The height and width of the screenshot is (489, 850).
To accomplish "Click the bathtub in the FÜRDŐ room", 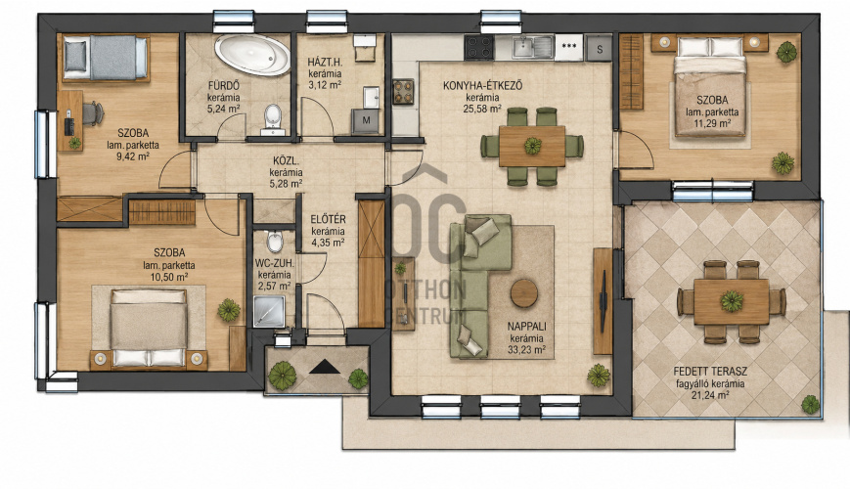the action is [252, 55].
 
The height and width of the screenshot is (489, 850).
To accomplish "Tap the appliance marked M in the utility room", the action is [366, 120].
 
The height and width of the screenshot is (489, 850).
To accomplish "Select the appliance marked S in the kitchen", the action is [599, 49].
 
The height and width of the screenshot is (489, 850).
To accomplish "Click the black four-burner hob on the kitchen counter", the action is [478, 47].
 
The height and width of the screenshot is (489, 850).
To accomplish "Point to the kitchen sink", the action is [532, 47].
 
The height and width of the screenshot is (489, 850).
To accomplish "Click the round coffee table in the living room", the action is [524, 293].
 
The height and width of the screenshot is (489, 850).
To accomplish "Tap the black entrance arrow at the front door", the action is [325, 367].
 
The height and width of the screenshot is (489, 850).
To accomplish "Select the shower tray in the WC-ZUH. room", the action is [269, 311].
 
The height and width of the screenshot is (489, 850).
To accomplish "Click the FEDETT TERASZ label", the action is [710, 372].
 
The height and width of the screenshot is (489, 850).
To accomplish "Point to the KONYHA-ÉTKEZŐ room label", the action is [482, 86].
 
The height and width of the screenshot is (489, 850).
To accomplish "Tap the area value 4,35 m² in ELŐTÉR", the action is [328, 244].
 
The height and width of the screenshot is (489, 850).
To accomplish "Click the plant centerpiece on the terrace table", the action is [732, 301].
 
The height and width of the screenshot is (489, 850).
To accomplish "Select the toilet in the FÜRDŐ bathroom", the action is [273, 117].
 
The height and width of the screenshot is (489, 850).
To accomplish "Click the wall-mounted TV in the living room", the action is [604, 300].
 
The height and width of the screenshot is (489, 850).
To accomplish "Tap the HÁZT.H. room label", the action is [325, 62].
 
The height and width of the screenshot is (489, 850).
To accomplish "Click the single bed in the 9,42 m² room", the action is [106, 58].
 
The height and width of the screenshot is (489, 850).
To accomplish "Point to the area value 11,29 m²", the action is [712, 123].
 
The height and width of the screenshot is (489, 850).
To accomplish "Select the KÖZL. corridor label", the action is [287, 161].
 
